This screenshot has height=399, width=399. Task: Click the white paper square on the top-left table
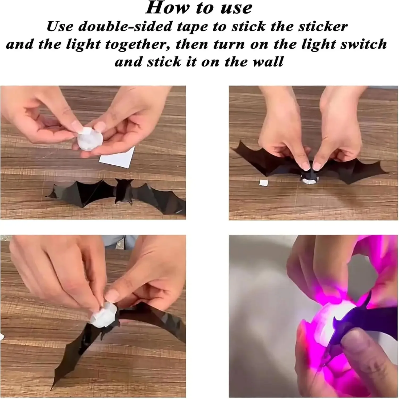pos(117,157)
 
